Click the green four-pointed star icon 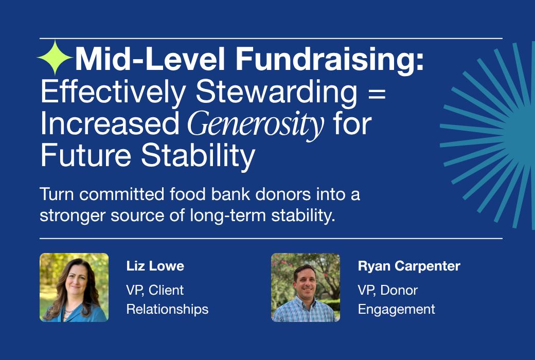pos(55,57)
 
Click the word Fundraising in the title pos(330,59)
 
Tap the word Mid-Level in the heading pos(150,59)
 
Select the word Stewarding pos(276,92)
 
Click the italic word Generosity pos(256,124)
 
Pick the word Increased pos(110,123)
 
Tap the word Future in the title pos(85,155)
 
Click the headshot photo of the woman pos(74,287)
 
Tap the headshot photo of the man pos(306,287)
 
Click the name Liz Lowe pos(155,266)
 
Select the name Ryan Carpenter pos(409,266)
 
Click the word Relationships pos(167,310)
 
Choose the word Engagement pos(397,310)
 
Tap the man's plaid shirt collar pos(304,302)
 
